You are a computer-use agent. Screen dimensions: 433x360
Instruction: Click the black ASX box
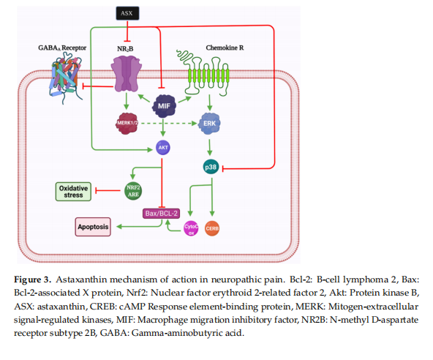(x=127, y=13)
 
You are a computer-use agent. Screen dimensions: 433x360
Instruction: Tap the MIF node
(x=164, y=106)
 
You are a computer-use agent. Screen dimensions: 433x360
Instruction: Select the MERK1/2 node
(x=127, y=123)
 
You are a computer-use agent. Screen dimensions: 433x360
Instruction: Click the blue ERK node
(x=209, y=123)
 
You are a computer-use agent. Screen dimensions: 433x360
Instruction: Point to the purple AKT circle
(x=163, y=148)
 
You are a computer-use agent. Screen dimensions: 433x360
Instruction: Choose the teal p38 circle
(x=211, y=167)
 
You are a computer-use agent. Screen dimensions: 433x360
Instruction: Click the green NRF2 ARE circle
(x=133, y=191)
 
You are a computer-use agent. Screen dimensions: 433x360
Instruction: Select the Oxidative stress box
(x=73, y=192)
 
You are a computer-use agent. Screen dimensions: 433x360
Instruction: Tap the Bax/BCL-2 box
(x=161, y=213)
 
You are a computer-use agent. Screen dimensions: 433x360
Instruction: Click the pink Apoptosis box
(x=93, y=227)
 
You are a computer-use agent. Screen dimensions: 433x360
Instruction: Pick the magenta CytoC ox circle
(x=191, y=228)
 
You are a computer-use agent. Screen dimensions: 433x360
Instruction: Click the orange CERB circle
(x=212, y=228)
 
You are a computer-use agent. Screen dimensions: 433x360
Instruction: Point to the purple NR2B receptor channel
(x=127, y=73)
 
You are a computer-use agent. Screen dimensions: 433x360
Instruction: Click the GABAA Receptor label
(x=62, y=48)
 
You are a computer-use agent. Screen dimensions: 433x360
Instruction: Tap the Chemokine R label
(x=225, y=48)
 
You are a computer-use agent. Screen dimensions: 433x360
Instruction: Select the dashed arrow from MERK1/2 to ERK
(x=169, y=123)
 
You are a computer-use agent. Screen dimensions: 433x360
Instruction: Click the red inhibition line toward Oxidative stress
(x=108, y=190)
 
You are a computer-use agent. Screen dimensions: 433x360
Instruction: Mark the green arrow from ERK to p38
(x=210, y=148)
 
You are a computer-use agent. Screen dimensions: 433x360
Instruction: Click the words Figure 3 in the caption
(x=33, y=280)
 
